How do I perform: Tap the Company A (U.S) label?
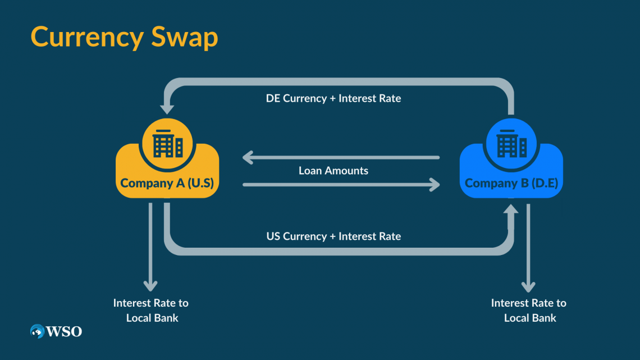coord(167,183)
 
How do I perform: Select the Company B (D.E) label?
coord(511,183)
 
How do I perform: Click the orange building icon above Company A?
coord(168,144)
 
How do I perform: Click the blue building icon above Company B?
coord(511,144)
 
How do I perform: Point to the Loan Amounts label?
coord(333,171)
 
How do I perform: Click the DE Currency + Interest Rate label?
coord(333,98)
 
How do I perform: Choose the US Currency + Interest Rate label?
coord(333,236)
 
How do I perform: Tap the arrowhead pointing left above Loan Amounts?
coord(249,158)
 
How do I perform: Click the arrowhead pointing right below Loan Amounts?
coord(434,184)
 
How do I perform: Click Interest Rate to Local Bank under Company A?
coord(150,310)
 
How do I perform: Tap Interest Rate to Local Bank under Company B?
coord(529,310)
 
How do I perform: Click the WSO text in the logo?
coord(65,331)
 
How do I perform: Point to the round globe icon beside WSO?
coord(38,331)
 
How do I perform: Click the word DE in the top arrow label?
coord(273,98)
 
